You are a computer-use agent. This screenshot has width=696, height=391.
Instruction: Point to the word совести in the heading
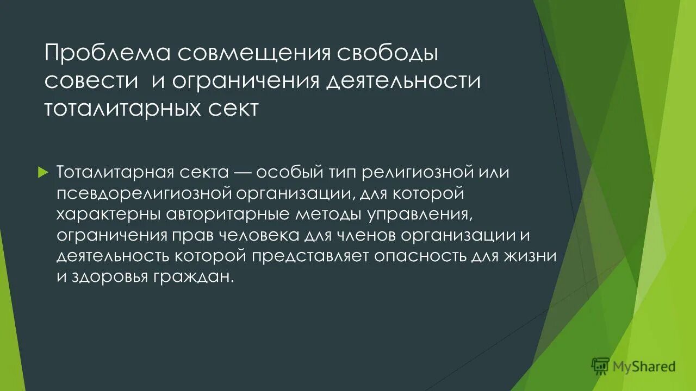pos(90,81)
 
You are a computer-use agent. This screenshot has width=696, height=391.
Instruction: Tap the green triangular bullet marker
pos(44,172)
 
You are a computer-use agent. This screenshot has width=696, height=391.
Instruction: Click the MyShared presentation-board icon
pos(600,367)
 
